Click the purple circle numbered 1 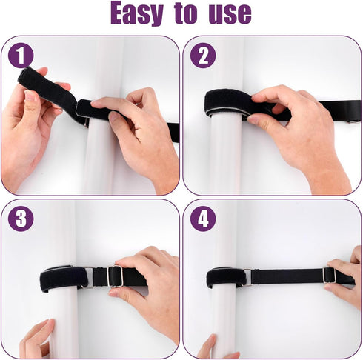point(21,55)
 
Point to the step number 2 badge point(202,55)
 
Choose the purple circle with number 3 point(21,218)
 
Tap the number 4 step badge point(202,218)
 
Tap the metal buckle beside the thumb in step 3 point(115,276)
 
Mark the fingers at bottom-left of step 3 point(37,339)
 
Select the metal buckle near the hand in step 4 point(329,275)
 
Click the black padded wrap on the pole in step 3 point(63,278)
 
